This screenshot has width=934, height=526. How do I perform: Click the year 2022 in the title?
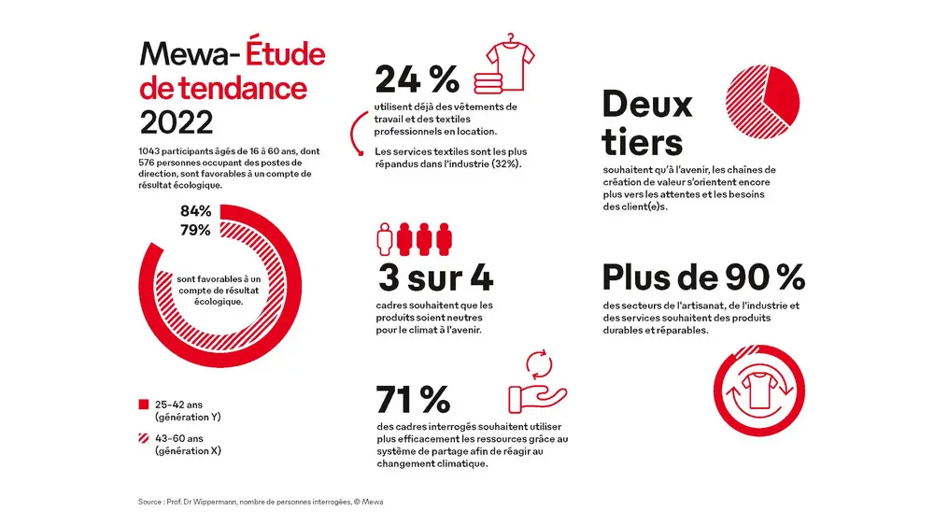pyautogui.click(x=176, y=121)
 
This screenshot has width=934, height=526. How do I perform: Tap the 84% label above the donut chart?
pyautogui.click(x=195, y=211)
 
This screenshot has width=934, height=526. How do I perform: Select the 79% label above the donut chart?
pyautogui.click(x=195, y=231)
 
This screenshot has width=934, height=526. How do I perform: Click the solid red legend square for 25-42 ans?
pyautogui.click(x=144, y=405)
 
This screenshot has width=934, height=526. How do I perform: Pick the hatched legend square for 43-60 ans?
pyautogui.click(x=144, y=438)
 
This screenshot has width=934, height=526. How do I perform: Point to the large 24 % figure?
pyautogui.click(x=410, y=78)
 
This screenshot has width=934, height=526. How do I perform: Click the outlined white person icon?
pyautogui.click(x=385, y=239)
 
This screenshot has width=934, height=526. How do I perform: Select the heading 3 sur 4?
pyautogui.click(x=434, y=277)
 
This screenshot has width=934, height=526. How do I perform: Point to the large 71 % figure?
pyautogui.click(x=413, y=399)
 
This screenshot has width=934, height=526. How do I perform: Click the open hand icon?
pyautogui.click(x=532, y=396)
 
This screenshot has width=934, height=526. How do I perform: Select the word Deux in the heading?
pyautogui.click(x=647, y=104)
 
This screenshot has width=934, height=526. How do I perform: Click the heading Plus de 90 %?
pyautogui.click(x=702, y=277)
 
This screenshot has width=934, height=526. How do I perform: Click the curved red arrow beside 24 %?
pyautogui.click(x=356, y=134)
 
